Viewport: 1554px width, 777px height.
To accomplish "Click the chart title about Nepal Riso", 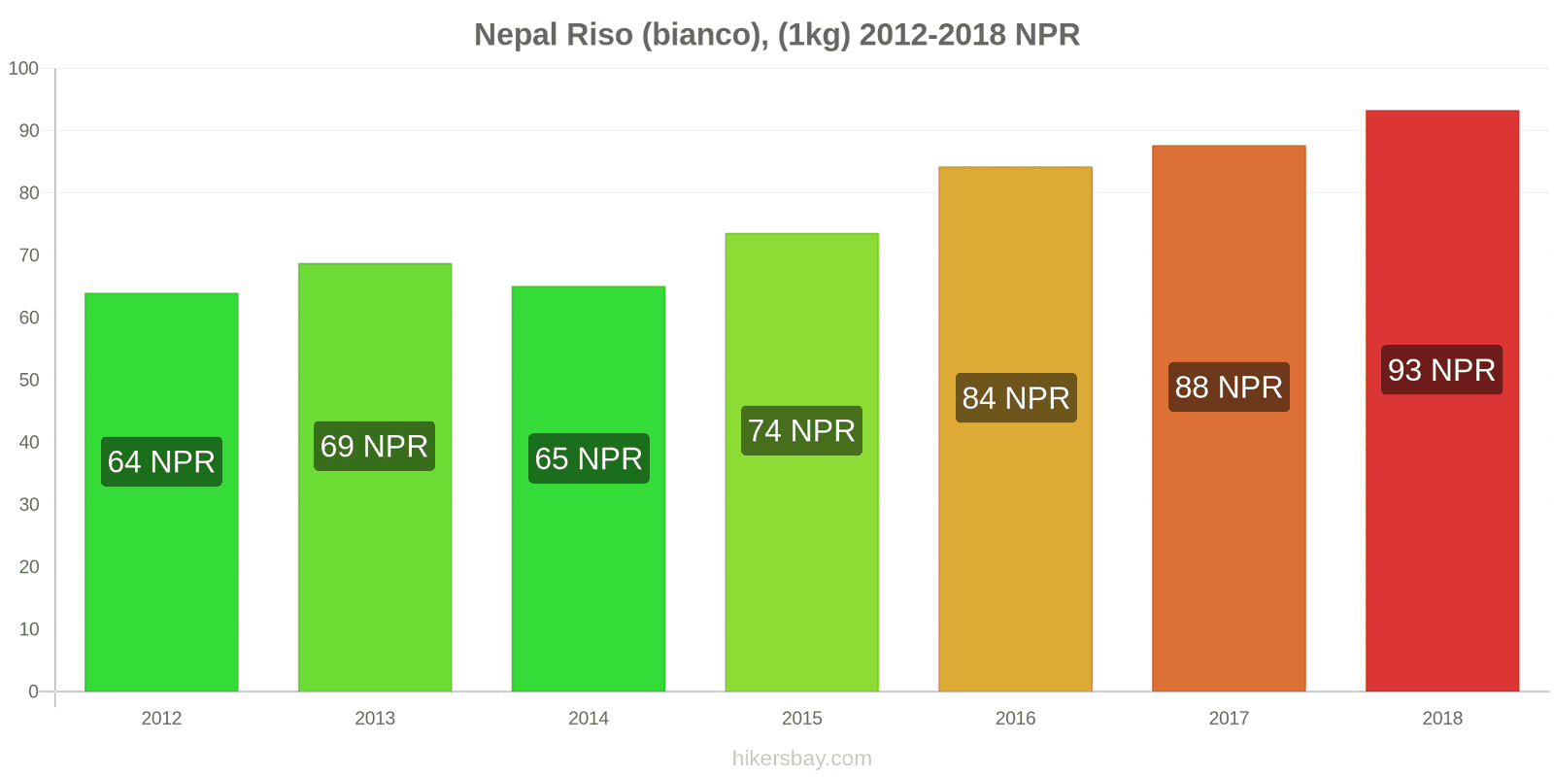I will (776, 35).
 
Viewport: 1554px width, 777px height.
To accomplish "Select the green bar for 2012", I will (161, 583).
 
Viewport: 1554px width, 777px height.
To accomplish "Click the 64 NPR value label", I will (161, 461).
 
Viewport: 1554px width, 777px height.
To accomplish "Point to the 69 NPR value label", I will (374, 446).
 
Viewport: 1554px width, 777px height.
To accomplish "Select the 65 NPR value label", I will (589, 458).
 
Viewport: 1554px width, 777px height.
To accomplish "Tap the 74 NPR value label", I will (801, 430).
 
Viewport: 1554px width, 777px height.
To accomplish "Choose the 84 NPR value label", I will (1016, 397).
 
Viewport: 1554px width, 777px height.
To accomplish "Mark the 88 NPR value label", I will (1229, 387).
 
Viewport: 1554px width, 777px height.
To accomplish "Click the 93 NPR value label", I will (1441, 370).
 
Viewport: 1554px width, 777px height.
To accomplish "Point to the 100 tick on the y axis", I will (23, 69).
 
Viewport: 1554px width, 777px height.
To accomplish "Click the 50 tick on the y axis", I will (28, 380).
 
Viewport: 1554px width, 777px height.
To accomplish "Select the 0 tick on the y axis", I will (33, 692).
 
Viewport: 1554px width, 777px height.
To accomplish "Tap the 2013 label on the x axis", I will (375, 719).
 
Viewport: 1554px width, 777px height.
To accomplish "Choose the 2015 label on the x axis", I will (801, 719).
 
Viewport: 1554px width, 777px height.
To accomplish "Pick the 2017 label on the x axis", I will (1229, 719).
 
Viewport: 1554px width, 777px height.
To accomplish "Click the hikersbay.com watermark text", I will (801, 759).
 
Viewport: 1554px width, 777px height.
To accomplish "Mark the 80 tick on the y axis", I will (28, 193).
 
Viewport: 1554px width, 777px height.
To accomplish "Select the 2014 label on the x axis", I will (589, 719).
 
